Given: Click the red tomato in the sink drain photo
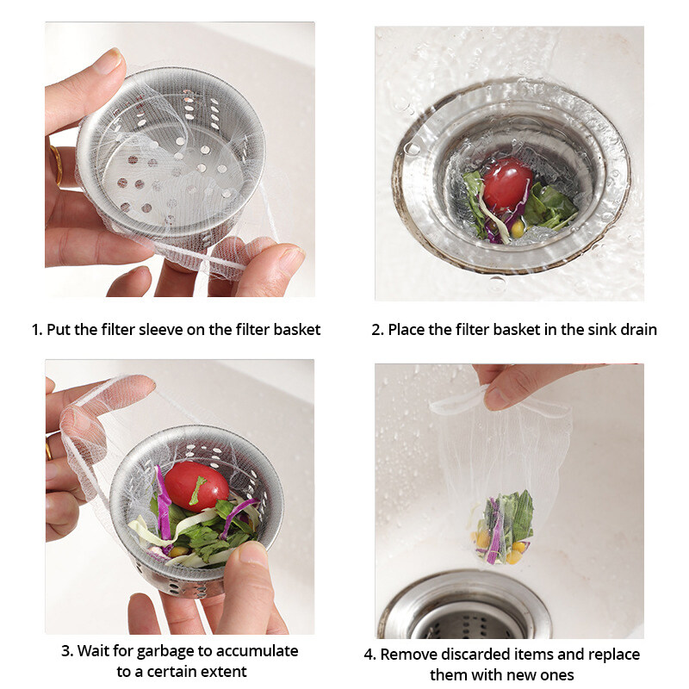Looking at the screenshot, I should (507, 183).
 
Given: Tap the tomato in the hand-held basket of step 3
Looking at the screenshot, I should (196, 486).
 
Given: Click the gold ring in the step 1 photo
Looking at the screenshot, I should (56, 165).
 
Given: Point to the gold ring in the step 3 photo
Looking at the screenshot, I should (48, 449).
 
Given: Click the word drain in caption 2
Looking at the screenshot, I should (636, 329).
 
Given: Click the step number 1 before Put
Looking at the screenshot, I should (35, 329).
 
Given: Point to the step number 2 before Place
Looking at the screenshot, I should (376, 329).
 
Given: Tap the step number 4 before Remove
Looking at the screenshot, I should (369, 654).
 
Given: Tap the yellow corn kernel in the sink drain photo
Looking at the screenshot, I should (517, 228).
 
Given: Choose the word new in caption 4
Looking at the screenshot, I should (527, 674).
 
